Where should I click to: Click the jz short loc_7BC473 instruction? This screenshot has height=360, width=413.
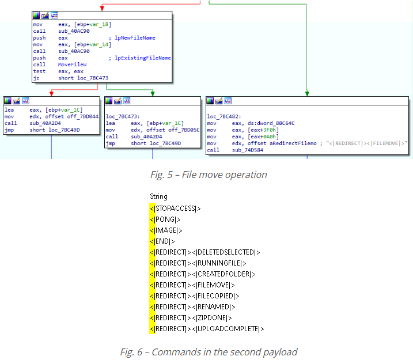pos(71,78)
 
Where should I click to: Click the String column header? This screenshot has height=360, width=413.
pos(158,196)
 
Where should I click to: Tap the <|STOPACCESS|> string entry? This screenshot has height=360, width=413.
pos(176,209)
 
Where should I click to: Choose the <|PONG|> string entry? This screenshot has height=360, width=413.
pos(166,219)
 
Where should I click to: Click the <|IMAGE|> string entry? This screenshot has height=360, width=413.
pos(167,230)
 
